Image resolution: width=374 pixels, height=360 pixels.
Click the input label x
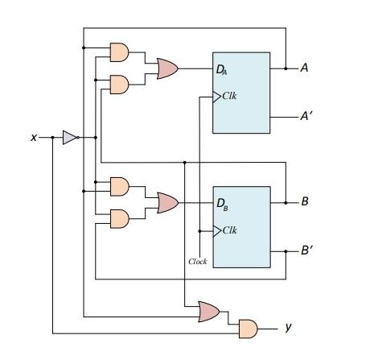34,138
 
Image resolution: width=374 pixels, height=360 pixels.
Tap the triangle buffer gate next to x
70,138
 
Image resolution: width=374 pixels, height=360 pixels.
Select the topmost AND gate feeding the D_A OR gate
118,52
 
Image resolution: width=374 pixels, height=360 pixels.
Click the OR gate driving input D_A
167,68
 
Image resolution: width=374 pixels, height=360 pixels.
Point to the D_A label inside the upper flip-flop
222,70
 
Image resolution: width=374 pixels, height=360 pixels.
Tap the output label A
304,68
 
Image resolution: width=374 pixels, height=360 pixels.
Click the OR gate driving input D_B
167,202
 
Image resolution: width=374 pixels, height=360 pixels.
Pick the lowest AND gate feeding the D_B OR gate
118,218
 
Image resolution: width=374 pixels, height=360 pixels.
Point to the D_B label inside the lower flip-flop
222,203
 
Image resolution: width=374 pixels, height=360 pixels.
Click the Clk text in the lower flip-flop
230,230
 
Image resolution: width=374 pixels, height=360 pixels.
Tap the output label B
304,201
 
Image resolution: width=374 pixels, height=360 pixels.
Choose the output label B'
306,250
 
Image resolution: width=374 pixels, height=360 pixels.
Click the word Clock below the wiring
198,262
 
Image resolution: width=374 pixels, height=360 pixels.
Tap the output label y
288,328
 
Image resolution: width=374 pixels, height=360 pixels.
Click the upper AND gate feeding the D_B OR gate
118,186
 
